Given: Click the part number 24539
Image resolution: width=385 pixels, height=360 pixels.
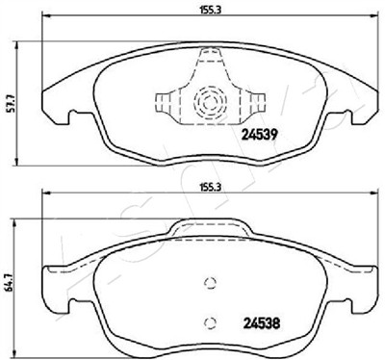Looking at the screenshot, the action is pos(259,135).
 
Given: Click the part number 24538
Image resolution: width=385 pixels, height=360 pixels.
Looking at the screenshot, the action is pos(262,323).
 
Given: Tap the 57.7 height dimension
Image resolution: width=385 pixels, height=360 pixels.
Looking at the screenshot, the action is pos(13,102).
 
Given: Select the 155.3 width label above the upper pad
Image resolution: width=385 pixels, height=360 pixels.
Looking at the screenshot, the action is pos(209,10).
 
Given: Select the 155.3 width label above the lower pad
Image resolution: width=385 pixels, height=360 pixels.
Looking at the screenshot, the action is pos(209,187).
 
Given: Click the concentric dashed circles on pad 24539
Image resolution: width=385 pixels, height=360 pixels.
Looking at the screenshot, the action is pos(210,103).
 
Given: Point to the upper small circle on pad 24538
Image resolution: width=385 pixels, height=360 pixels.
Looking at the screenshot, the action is pos(210,283).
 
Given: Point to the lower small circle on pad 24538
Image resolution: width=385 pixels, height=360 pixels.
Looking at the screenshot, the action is pos(210,322).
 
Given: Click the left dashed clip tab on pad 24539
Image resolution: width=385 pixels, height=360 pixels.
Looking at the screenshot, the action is pos(164,103).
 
